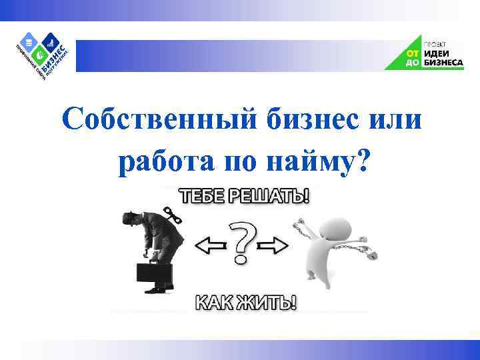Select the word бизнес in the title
tap(312, 121)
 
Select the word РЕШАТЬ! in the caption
tap(275, 197)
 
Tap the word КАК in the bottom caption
tap(215, 303)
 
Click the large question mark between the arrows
tap(242, 244)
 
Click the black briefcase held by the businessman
tap(154, 274)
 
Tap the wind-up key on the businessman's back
tap(175, 216)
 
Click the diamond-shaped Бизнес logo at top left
tap(44, 53)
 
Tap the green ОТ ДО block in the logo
tap(411, 58)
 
